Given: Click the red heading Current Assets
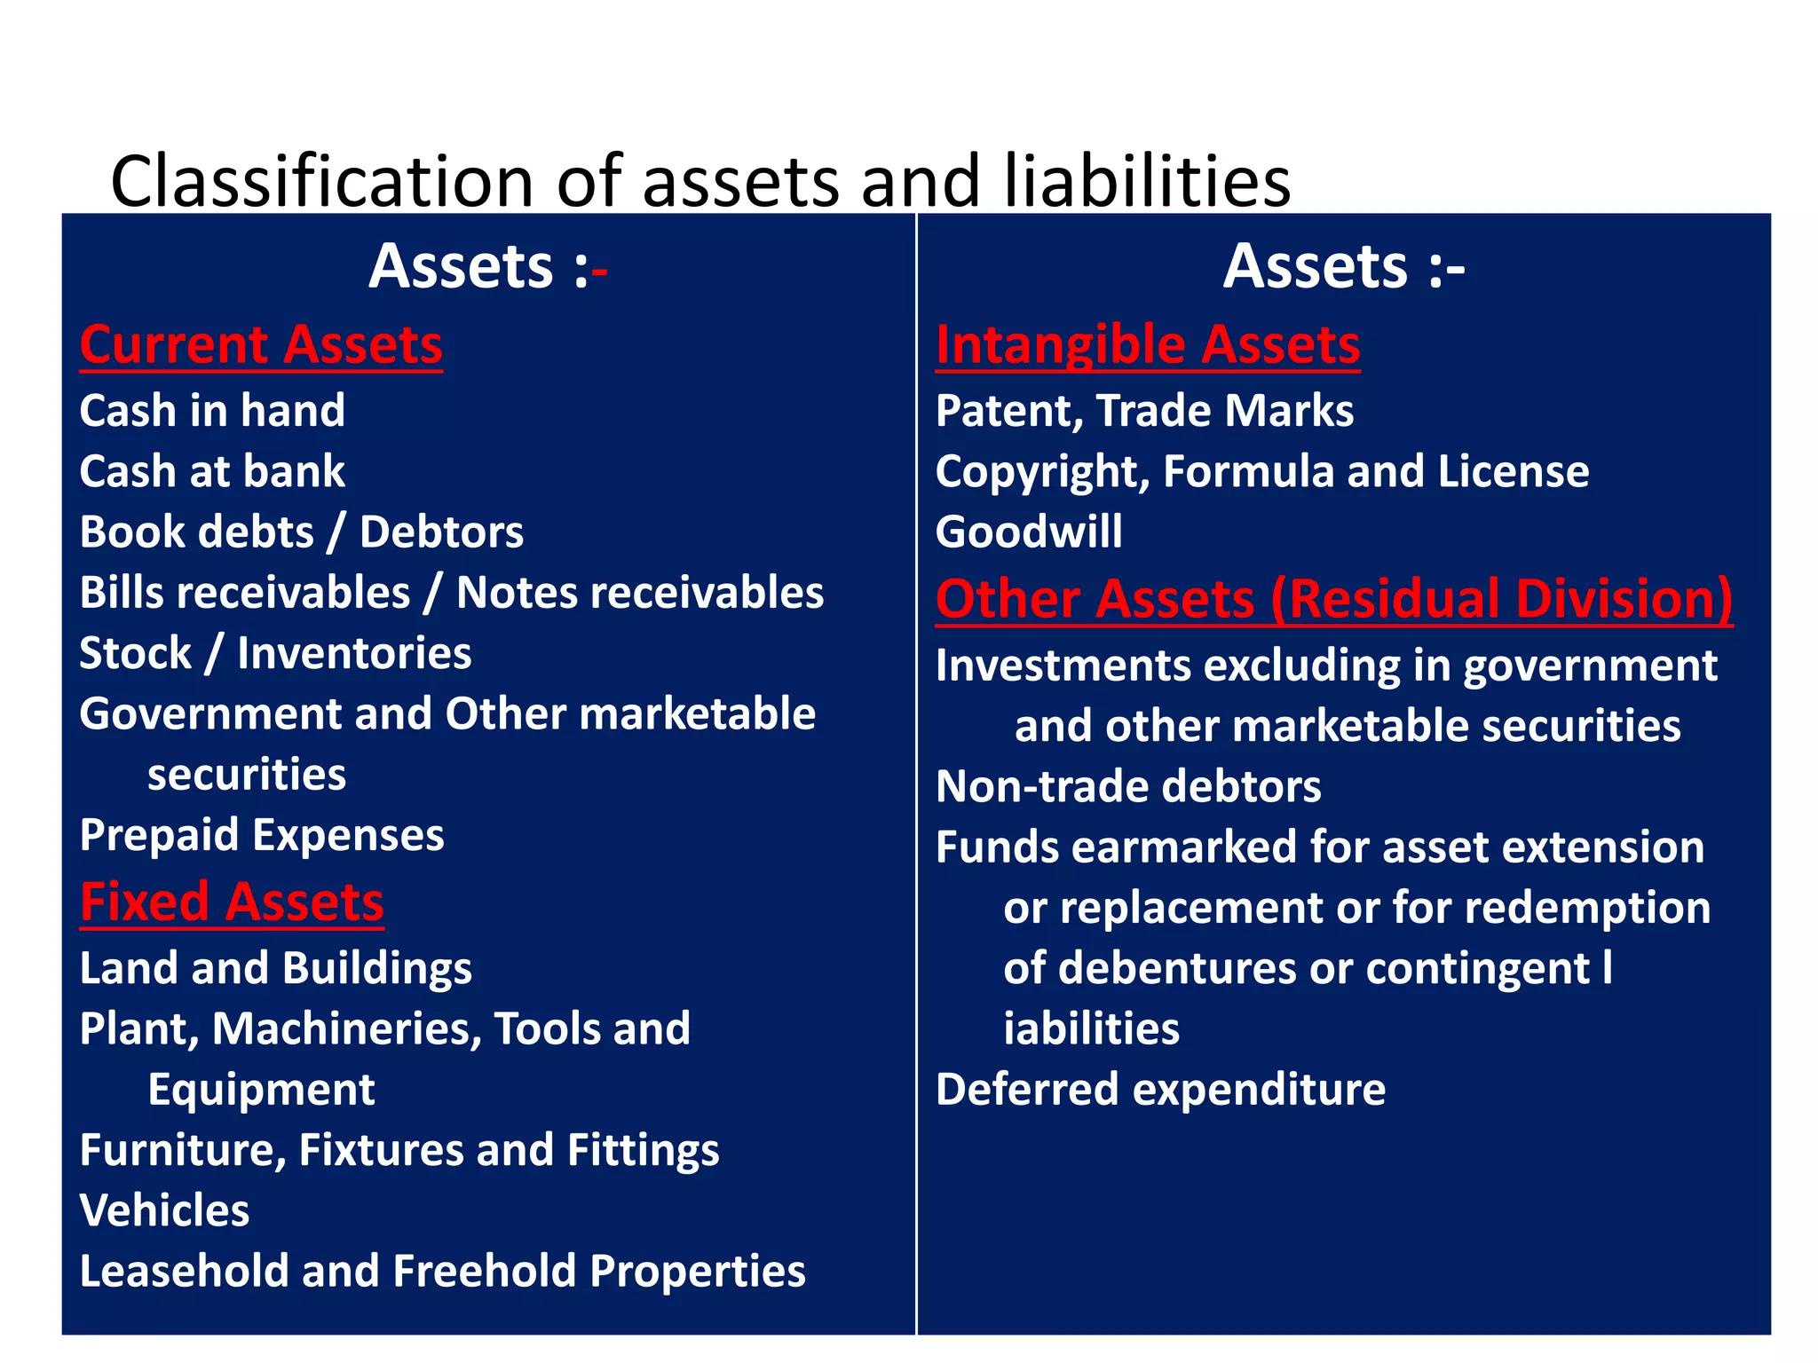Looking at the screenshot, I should [x=261, y=345].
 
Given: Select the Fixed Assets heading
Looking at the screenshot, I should [x=232, y=902].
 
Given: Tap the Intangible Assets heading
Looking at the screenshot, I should [x=1147, y=345].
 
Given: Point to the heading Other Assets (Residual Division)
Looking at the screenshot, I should [x=1333, y=599].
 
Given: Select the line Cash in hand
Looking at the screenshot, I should [x=212, y=411].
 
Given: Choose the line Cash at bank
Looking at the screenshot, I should [x=212, y=471].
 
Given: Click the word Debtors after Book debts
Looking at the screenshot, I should [x=441, y=532].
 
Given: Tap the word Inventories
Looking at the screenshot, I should [x=354, y=654].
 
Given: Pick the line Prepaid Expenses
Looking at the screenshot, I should [x=262, y=836].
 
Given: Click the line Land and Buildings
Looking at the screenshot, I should [x=275, y=968].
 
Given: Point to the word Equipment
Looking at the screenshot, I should [x=261, y=1090].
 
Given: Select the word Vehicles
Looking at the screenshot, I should [x=164, y=1210].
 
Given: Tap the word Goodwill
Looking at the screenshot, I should [x=1029, y=532].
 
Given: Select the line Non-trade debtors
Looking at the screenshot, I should [x=1128, y=787].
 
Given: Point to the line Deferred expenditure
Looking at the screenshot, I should [x=1160, y=1090].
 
